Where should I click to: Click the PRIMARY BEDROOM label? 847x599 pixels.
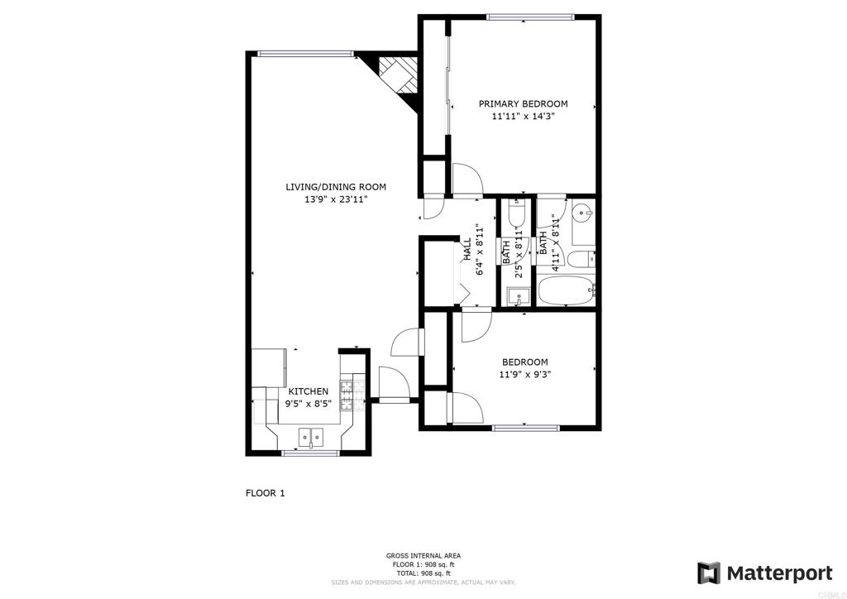click(523, 103)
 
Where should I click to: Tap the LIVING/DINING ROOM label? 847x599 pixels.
click(336, 187)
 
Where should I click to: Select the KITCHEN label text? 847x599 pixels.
click(308, 391)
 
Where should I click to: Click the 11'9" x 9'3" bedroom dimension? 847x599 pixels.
click(524, 374)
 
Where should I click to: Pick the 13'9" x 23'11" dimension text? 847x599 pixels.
click(336, 199)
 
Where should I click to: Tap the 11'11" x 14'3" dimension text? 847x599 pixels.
click(523, 116)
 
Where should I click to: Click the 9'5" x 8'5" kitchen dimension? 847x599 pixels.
click(308, 404)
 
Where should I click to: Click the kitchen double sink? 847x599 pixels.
click(311, 435)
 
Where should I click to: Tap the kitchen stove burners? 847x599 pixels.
click(346, 395)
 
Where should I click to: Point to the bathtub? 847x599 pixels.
click(565, 290)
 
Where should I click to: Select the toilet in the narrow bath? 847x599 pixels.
click(516, 213)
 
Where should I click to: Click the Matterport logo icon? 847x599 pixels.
click(709, 573)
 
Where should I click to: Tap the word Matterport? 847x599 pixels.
click(779, 573)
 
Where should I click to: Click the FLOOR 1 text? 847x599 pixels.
click(266, 493)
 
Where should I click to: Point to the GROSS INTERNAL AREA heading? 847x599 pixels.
click(423, 556)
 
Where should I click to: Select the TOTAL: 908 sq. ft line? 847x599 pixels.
click(423, 573)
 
